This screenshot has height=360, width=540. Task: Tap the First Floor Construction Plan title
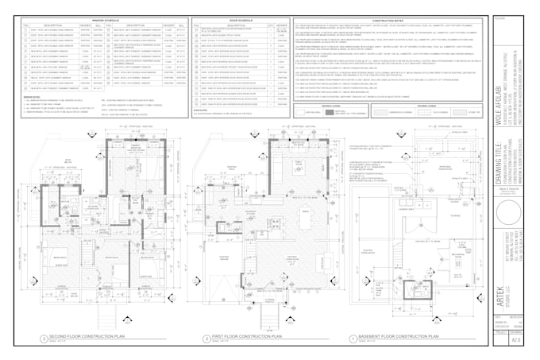(246, 337)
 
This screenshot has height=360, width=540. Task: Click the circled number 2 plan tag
(206, 339)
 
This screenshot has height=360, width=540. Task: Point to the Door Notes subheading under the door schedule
(202, 110)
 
